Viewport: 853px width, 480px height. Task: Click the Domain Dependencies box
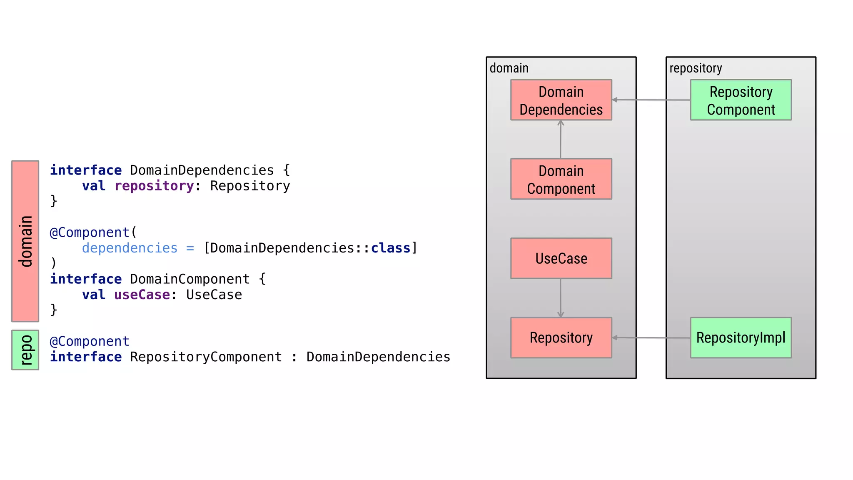click(561, 100)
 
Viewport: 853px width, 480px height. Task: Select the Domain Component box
click(561, 179)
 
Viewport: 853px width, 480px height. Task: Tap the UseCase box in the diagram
click(561, 258)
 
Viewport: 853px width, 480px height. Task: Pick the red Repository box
click(561, 337)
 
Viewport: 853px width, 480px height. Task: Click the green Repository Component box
click(741, 100)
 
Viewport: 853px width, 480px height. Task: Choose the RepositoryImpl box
click(741, 337)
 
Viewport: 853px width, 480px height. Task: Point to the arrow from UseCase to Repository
click(561, 298)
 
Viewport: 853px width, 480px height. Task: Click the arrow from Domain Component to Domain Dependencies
click(561, 140)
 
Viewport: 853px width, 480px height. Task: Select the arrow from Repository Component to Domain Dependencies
click(651, 100)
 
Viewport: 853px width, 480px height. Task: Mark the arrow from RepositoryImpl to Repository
click(651, 337)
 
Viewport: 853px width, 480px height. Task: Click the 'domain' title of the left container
click(509, 68)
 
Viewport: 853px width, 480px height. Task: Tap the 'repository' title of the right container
click(696, 68)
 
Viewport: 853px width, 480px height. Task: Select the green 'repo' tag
click(25, 350)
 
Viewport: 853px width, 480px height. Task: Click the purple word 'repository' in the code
click(154, 186)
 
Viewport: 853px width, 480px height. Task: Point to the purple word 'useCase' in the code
click(142, 295)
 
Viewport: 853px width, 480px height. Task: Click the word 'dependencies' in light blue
click(130, 248)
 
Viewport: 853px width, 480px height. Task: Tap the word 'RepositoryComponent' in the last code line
click(206, 357)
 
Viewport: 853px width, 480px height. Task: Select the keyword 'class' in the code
click(390, 248)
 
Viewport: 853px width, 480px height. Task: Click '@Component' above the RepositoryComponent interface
click(90, 341)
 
